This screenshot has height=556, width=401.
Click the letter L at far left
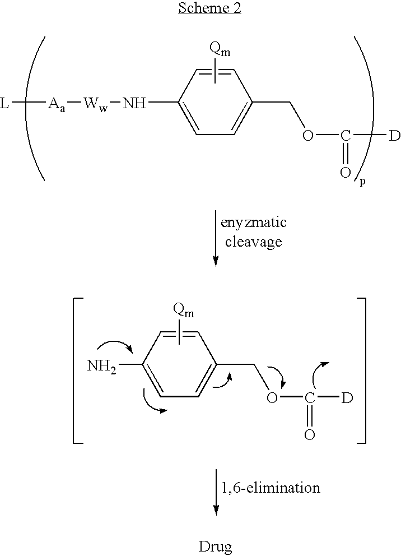(x=4, y=104)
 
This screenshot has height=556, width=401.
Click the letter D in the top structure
(x=394, y=136)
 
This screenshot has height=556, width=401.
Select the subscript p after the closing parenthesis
(x=362, y=182)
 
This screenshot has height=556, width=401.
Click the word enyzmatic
(x=254, y=223)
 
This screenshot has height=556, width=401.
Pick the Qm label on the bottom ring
(x=184, y=309)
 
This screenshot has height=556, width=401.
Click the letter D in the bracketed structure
(x=347, y=399)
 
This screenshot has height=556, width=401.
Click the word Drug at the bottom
(x=216, y=546)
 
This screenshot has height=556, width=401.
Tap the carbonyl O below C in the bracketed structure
(x=309, y=434)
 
